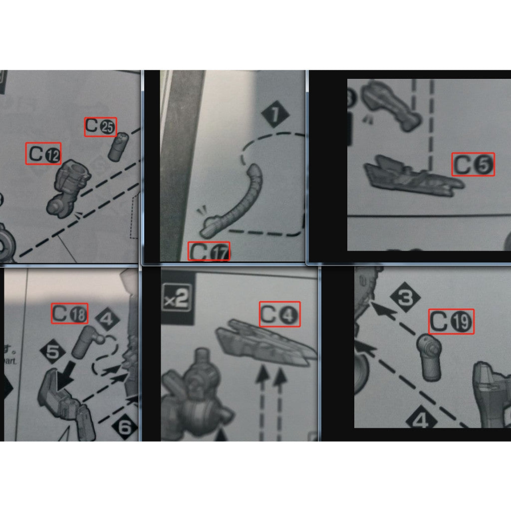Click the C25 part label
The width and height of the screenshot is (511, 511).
click(x=100, y=127)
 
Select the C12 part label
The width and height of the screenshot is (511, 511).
click(x=43, y=154)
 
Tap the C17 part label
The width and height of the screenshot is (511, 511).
click(x=209, y=251)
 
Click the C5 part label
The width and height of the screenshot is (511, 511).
click(x=473, y=164)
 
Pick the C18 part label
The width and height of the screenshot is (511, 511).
click(x=70, y=313)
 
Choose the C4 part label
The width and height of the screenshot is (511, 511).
click(x=280, y=314)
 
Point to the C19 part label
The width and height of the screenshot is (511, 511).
click(x=451, y=322)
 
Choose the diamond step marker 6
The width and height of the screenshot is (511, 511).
click(x=124, y=427)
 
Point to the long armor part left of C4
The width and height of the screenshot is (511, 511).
click(x=264, y=344)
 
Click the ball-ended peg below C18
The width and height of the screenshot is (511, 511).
click(x=88, y=341)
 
